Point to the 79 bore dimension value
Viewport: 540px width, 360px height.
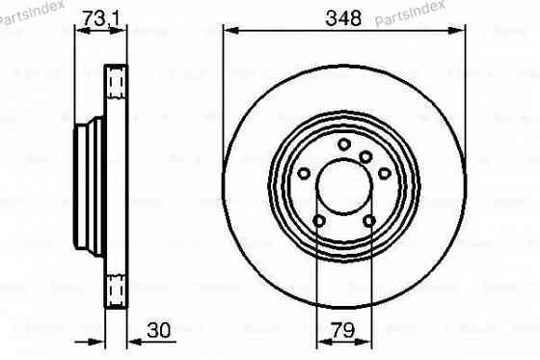point(344,329)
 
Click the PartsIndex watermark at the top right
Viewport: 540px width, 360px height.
point(502,12)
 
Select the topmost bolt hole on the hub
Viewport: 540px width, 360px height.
point(344,145)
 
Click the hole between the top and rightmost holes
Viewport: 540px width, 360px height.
point(365,158)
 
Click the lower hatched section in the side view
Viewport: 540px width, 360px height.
point(116,287)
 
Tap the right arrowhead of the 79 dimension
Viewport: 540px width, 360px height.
point(369,340)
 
